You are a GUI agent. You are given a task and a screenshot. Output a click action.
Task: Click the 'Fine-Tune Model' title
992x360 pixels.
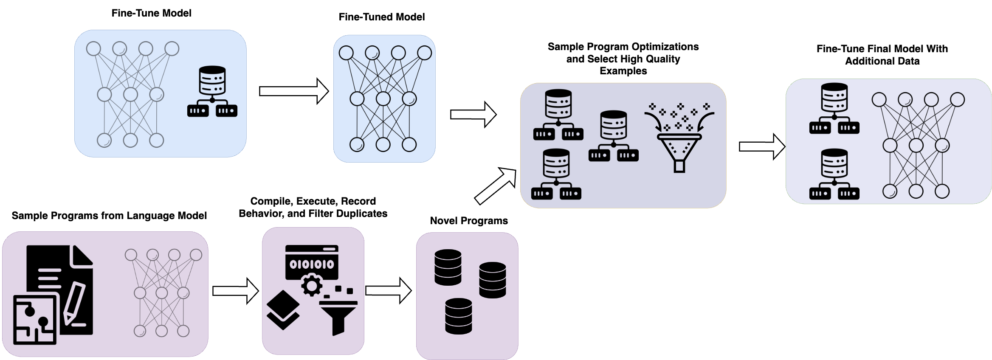coord(151,13)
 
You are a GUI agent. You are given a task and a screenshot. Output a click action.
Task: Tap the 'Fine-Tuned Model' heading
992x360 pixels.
coord(381,17)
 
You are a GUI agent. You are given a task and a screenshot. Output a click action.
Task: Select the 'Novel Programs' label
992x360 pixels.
coord(469,221)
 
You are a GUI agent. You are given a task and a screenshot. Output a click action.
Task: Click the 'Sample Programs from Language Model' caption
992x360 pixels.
coord(109,216)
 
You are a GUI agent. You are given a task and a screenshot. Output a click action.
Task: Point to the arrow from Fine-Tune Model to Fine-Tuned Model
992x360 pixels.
coord(294,91)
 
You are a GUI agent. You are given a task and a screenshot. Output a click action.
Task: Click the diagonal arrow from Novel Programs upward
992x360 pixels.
coord(495,186)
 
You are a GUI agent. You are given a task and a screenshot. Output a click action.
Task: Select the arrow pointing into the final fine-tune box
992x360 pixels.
coord(762,147)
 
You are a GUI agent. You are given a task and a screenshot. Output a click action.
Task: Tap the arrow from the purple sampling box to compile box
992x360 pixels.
coord(235,291)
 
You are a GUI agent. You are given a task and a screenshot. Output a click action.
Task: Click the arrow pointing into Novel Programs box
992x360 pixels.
coord(388,290)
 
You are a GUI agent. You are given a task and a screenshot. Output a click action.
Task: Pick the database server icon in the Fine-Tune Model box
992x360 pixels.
coord(212,91)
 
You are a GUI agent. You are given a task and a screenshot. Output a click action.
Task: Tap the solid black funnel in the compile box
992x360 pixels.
coord(338,316)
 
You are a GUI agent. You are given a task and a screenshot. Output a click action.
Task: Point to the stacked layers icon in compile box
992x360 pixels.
coord(283,310)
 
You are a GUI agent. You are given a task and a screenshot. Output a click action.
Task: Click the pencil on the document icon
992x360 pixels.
coord(75,303)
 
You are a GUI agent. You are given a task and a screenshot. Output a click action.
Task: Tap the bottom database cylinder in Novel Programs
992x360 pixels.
coord(459,316)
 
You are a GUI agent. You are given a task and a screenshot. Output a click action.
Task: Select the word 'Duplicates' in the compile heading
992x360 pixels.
coord(365,214)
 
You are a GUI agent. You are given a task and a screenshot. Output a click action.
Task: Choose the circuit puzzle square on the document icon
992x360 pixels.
coord(35,320)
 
